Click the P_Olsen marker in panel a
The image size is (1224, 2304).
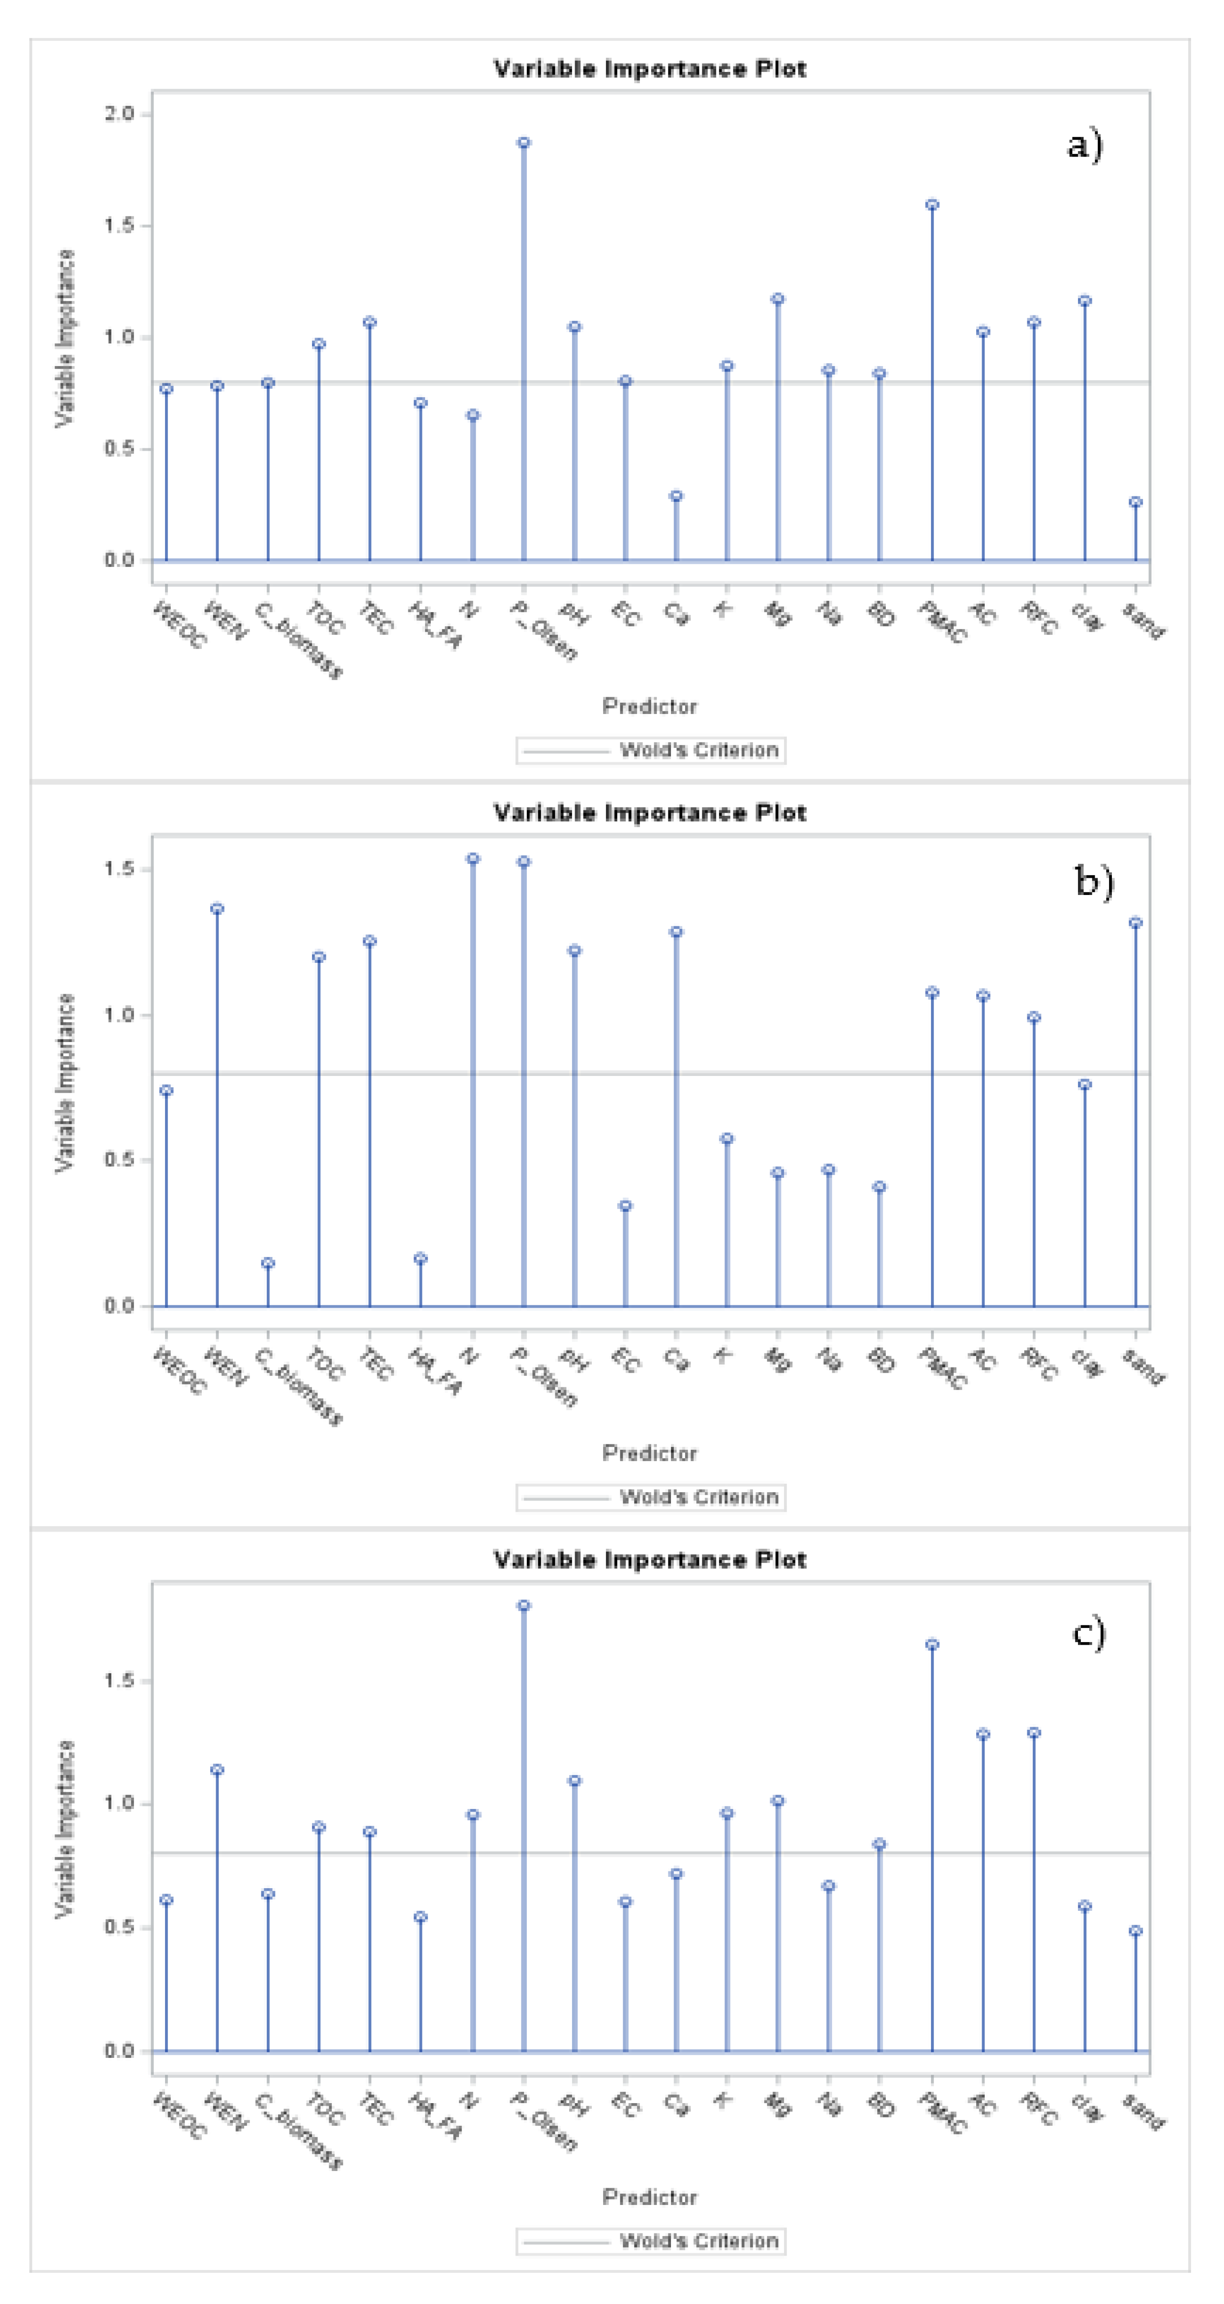(523, 142)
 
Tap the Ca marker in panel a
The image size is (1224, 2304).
(676, 495)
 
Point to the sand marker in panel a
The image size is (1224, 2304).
(1135, 502)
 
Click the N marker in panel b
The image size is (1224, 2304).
(472, 859)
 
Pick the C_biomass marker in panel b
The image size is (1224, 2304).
(267, 1263)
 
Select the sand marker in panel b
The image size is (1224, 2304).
(1135, 922)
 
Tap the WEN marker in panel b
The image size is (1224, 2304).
(217, 909)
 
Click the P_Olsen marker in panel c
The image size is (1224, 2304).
(523, 1605)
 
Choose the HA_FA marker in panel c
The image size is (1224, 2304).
(420, 1917)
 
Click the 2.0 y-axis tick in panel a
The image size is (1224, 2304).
(119, 114)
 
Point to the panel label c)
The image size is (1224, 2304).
(1088, 1633)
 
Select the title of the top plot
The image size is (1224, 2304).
(650, 69)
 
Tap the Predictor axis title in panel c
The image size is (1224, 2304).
(650, 2197)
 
